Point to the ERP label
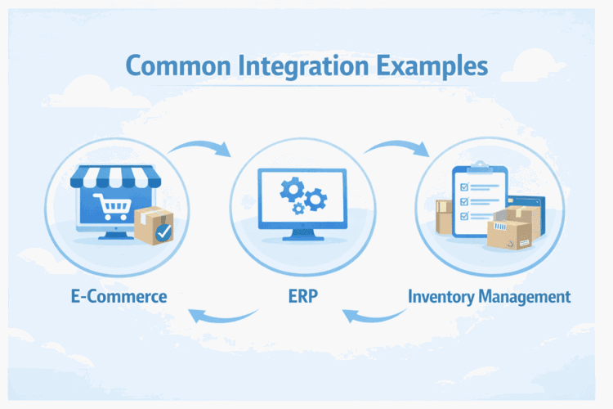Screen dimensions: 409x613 304,296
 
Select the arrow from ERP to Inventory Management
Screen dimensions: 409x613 397,147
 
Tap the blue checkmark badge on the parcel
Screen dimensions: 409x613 164,233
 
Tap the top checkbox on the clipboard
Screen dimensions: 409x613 465,186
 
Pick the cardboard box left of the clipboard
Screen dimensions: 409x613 445,217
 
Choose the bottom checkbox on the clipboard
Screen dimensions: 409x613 465,216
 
